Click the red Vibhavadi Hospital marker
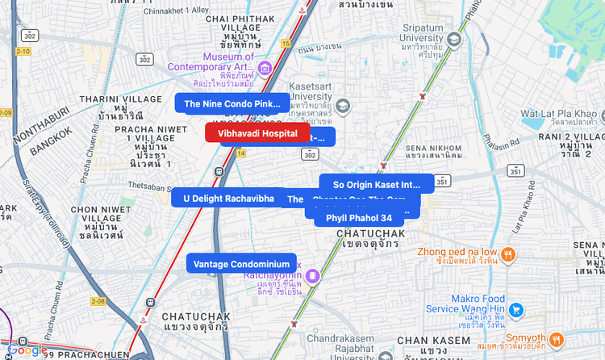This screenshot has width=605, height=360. point(257,133)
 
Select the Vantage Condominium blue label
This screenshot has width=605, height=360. point(241,264)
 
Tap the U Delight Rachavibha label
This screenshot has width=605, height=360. point(228,198)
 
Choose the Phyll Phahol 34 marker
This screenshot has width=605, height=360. point(359,218)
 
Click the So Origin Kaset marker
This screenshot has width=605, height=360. point(377,184)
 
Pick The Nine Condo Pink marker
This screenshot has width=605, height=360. point(232,103)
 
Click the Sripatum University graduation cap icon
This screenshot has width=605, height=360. point(454,39)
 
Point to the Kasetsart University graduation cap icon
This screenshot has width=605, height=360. point(343,106)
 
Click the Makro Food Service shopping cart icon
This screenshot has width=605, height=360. point(516,309)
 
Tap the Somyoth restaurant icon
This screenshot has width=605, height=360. point(557,337)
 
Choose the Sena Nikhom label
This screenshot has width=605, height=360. point(433,149)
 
